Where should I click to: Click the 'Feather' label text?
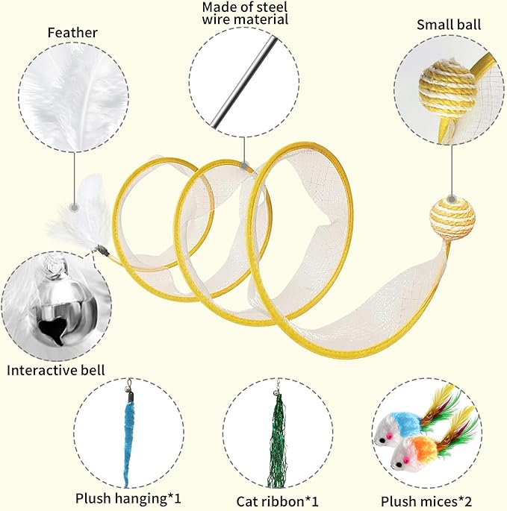[72, 32]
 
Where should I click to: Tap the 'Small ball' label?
[449, 25]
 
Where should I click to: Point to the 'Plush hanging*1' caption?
[128, 497]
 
